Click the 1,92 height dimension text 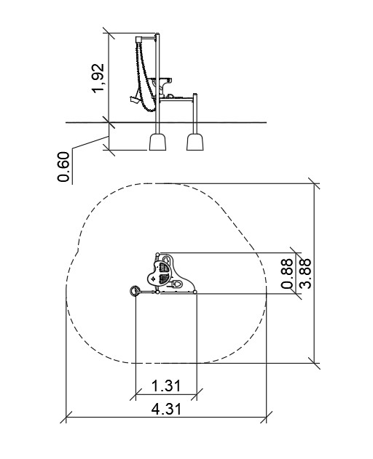click(98, 78)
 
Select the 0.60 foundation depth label click(63, 167)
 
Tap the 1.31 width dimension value click(166, 386)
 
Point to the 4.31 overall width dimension click(166, 409)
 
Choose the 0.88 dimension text click(287, 273)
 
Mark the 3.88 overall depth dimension click(305, 273)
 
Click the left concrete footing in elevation click(158, 142)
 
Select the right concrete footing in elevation click(195, 142)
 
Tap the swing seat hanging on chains click(134, 100)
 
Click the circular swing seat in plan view click(135, 291)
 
